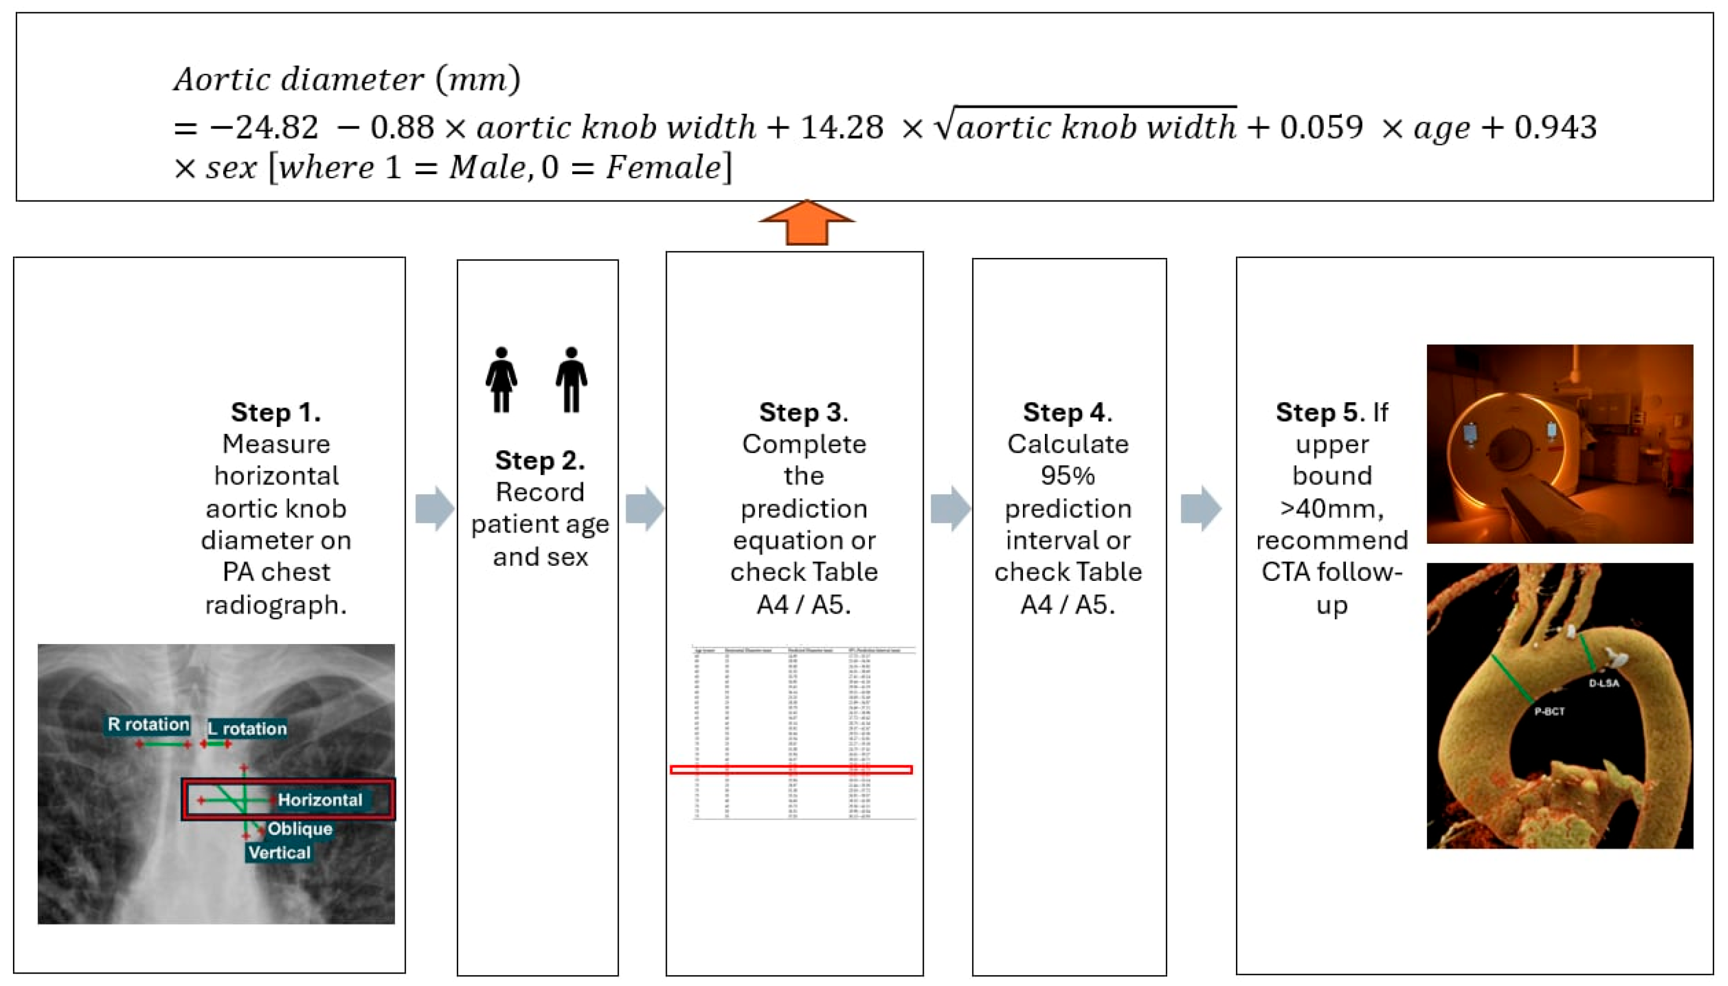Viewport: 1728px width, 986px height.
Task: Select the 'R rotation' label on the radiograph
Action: tap(148, 725)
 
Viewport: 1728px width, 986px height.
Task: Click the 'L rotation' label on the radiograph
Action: tap(247, 729)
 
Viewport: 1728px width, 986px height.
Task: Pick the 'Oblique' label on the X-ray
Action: tap(300, 829)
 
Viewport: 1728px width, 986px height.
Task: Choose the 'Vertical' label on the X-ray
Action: tap(279, 852)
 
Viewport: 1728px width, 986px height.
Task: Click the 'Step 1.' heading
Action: tap(276, 412)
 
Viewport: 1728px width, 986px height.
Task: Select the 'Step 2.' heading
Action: tap(540, 460)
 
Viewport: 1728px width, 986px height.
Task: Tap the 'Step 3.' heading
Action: tap(803, 412)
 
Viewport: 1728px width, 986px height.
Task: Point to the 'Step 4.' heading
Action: tap(1067, 412)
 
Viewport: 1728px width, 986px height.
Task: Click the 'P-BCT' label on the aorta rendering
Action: tap(1549, 712)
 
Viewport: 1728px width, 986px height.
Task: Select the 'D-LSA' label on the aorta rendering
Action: tap(1604, 683)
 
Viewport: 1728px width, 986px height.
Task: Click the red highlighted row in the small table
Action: tap(791, 769)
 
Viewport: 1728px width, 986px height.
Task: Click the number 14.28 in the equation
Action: tap(841, 127)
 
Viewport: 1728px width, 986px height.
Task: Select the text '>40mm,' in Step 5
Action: tap(1332, 508)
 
